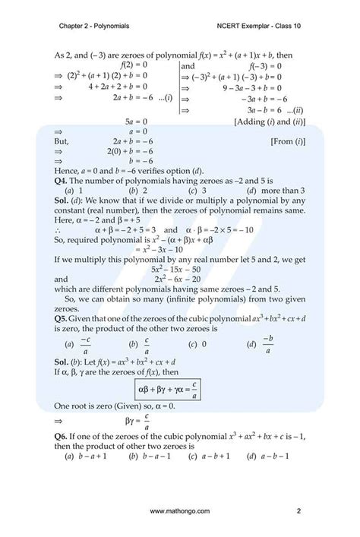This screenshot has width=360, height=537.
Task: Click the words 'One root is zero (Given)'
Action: pos(99,407)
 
